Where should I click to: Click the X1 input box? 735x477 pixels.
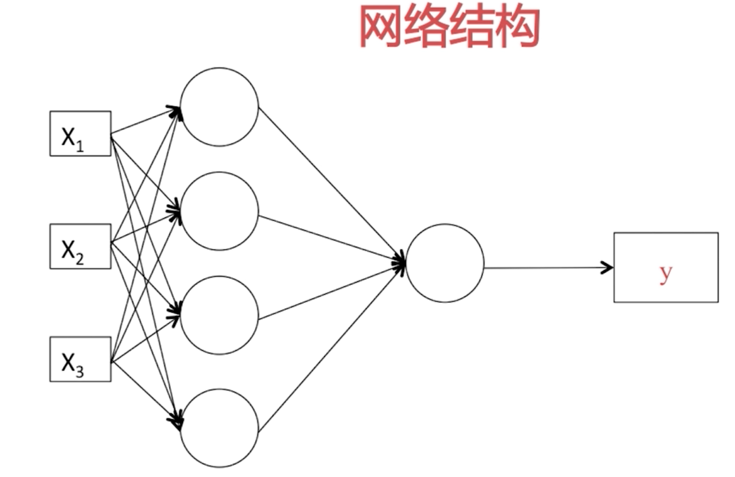(x=80, y=133)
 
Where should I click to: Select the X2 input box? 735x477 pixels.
(x=80, y=246)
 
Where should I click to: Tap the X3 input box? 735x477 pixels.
(x=80, y=359)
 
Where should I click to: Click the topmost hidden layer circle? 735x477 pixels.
(x=219, y=107)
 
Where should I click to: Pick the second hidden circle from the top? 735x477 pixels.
(x=219, y=211)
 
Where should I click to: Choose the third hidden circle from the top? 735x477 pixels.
(x=219, y=315)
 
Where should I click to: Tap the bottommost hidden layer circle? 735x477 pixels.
(x=219, y=428)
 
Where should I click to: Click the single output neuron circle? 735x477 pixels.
(x=444, y=263)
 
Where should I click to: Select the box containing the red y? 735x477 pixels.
(x=666, y=267)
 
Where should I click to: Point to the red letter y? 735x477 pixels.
(x=666, y=274)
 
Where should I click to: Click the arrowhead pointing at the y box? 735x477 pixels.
(x=607, y=267)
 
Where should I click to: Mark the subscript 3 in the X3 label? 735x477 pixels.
(x=80, y=370)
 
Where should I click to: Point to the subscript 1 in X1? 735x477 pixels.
(x=80, y=146)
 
